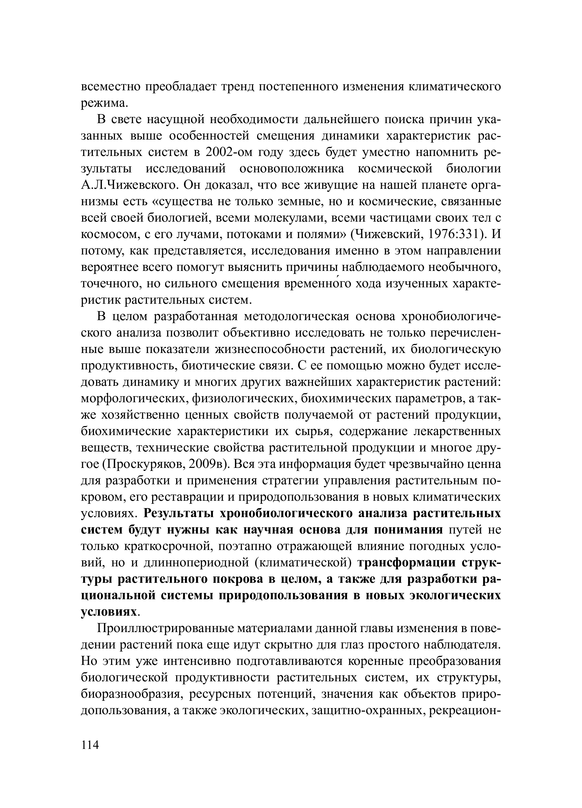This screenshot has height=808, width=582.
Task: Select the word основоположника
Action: pyautogui.click(x=292, y=169)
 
